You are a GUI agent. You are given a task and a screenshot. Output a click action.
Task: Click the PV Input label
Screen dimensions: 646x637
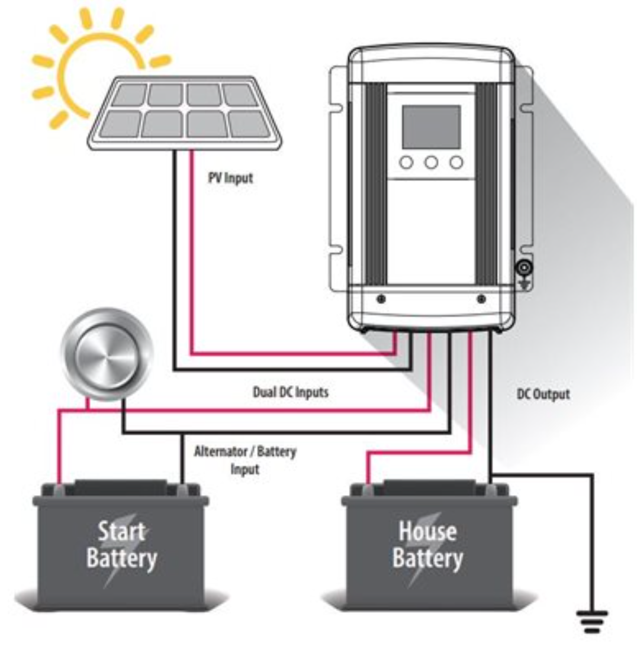[x=230, y=177]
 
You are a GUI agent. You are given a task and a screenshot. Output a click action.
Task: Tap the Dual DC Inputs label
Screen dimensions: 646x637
[x=290, y=392]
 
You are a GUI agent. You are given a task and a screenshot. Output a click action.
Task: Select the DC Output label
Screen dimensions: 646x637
[x=542, y=394]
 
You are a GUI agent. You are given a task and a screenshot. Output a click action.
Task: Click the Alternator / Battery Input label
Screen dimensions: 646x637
[x=244, y=460]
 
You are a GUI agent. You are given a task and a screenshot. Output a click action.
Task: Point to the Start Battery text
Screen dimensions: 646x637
[x=121, y=544]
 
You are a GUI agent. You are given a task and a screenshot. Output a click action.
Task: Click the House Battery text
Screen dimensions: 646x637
[x=427, y=544]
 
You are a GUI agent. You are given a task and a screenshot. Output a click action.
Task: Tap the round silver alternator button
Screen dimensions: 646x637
[x=107, y=354]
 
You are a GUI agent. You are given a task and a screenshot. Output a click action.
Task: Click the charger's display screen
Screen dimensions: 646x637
[x=431, y=127]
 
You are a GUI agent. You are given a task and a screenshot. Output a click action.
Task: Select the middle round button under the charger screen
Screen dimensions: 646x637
[x=431, y=162]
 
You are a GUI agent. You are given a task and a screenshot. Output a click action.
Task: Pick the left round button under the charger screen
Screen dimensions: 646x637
[x=406, y=162]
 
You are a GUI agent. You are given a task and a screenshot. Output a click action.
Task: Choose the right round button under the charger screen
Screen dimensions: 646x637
[x=456, y=162]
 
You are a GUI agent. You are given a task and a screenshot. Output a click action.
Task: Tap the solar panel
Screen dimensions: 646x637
[x=185, y=112]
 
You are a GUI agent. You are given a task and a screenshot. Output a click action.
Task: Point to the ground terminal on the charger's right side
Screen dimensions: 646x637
[x=524, y=269]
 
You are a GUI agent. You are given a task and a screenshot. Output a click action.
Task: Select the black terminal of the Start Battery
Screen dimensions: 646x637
[x=182, y=489]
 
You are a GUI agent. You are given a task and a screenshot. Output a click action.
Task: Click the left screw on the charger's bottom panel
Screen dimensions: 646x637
[x=381, y=299]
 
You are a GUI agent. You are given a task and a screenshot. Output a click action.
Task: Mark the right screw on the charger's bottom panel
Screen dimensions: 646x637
[x=481, y=299]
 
